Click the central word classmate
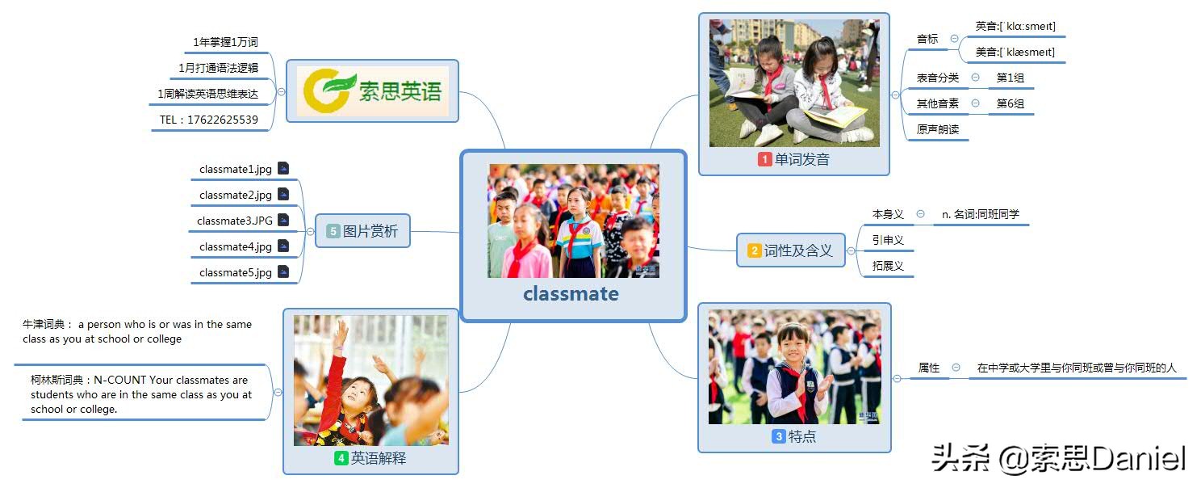click(571, 293)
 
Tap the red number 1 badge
click(764, 159)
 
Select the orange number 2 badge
click(755, 250)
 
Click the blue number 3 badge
click(779, 436)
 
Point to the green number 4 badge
click(341, 458)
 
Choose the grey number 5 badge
click(333, 231)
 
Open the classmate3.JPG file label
click(235, 221)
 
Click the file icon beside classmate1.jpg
click(283, 169)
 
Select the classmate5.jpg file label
click(236, 273)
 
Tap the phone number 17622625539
click(223, 120)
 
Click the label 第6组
click(1011, 103)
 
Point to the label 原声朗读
click(938, 129)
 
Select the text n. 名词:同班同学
click(981, 214)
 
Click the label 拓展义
click(888, 266)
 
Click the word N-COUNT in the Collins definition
click(119, 380)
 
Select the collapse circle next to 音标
click(954, 39)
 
